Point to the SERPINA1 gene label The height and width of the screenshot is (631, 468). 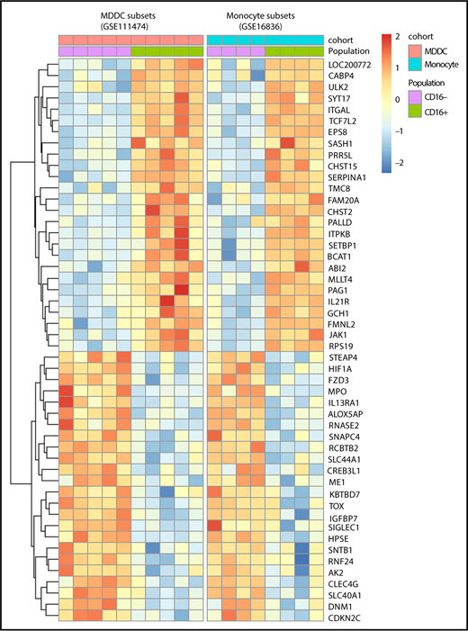(x=349, y=176)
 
